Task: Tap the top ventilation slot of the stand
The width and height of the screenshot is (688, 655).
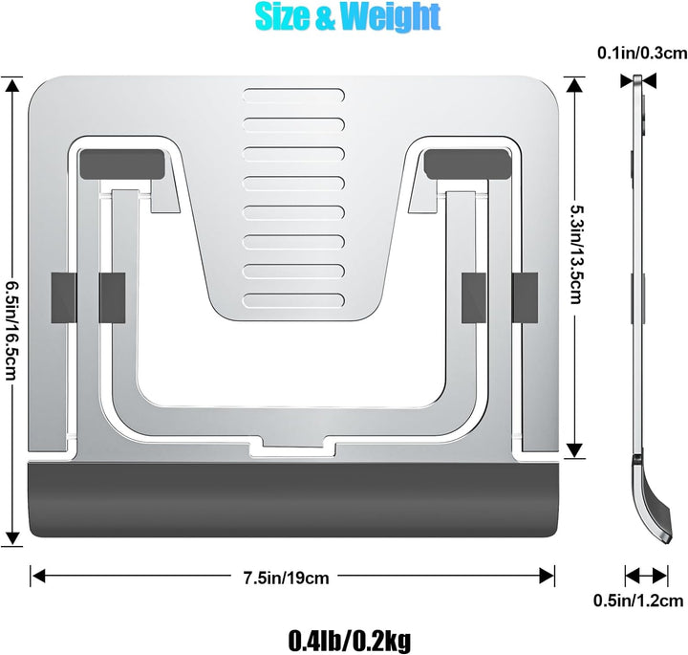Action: pos(293,96)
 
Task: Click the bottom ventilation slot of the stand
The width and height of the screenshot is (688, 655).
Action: pos(293,298)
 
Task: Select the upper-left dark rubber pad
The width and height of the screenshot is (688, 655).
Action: pos(121,163)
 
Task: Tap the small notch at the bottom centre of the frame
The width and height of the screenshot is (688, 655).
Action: pos(292,448)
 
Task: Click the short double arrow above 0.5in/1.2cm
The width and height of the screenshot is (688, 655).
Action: pos(647,576)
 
